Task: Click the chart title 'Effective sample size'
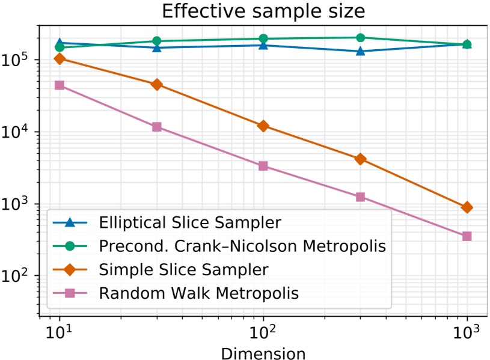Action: click(263, 12)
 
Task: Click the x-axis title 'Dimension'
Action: click(263, 351)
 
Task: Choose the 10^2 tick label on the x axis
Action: click(263, 332)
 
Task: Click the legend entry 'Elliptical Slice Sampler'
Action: click(189, 222)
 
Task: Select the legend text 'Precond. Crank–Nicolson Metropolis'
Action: click(240, 246)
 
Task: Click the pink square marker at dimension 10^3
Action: click(467, 236)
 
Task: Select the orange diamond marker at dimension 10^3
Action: click(467, 207)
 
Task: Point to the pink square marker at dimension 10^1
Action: click(60, 85)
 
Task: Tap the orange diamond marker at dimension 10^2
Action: click(263, 126)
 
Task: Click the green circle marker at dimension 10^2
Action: click(263, 39)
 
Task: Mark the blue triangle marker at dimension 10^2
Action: click(263, 45)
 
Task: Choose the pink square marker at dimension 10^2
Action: click(263, 166)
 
